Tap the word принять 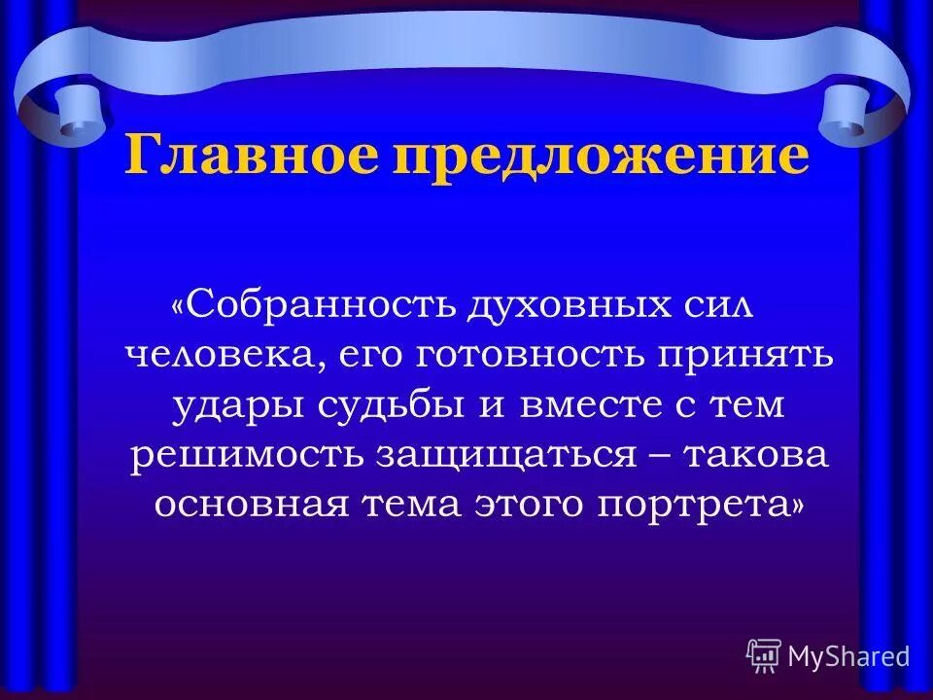751,355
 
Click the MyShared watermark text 848,656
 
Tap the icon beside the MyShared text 764,655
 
